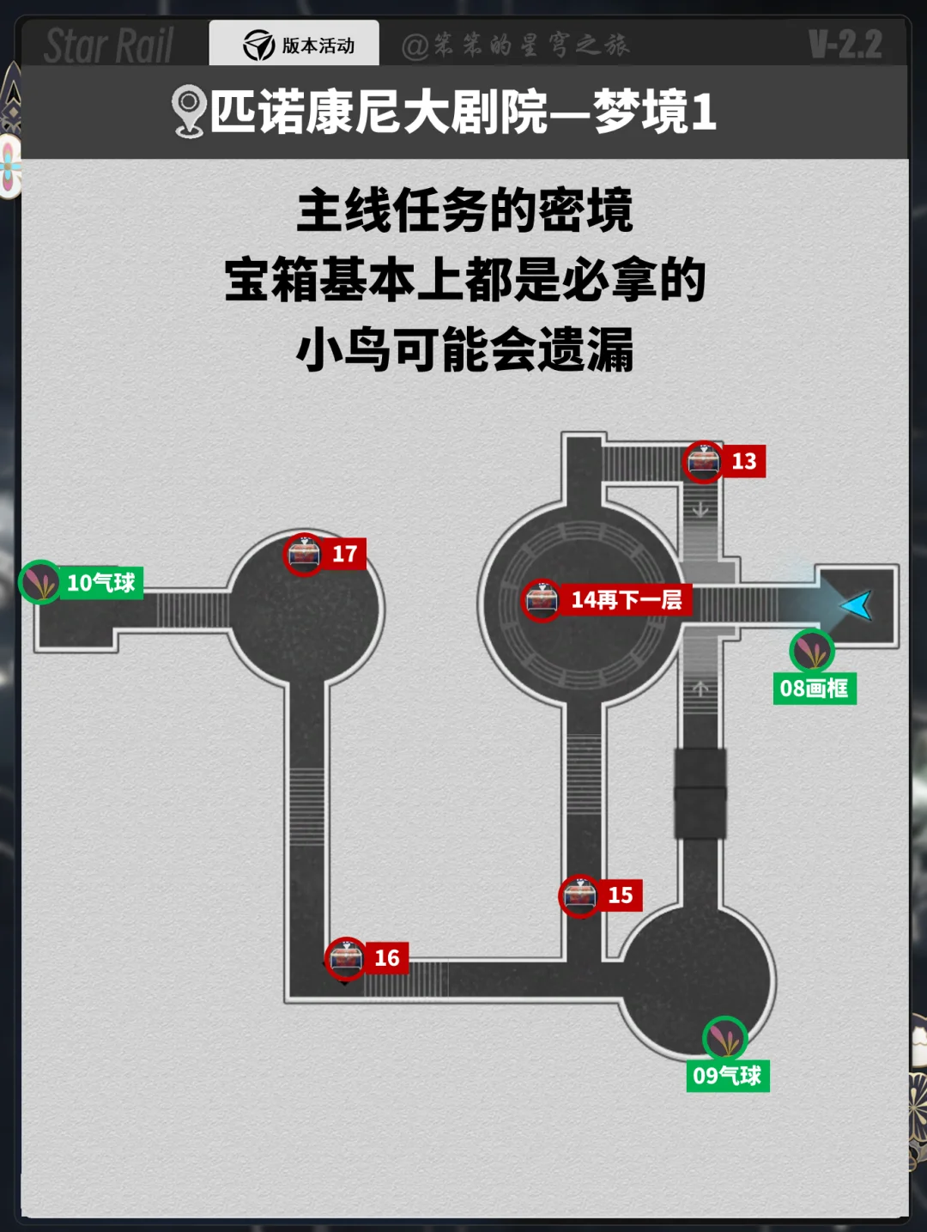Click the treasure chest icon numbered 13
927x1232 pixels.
coord(703,462)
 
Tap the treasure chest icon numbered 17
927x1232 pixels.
coord(304,554)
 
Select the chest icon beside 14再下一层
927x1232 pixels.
coord(542,599)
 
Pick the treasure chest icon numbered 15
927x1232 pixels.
coord(579,895)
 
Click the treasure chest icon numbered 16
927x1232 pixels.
coord(345,958)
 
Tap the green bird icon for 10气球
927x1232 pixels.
coord(39,582)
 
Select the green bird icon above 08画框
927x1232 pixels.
coord(811,651)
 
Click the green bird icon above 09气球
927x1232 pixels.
coord(724,1038)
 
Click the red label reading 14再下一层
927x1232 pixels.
coord(627,599)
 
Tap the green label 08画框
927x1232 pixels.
coord(814,689)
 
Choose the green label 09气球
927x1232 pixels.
coord(727,1076)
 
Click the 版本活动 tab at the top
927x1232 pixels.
coord(294,45)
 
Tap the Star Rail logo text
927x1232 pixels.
coord(109,46)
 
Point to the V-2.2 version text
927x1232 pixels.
coord(845,45)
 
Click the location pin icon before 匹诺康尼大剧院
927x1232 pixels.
coord(188,112)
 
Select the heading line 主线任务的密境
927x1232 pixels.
coord(464,210)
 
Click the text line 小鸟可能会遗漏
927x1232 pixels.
coord(464,349)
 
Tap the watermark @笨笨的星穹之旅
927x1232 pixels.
coord(516,45)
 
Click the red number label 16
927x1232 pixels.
coord(386,958)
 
